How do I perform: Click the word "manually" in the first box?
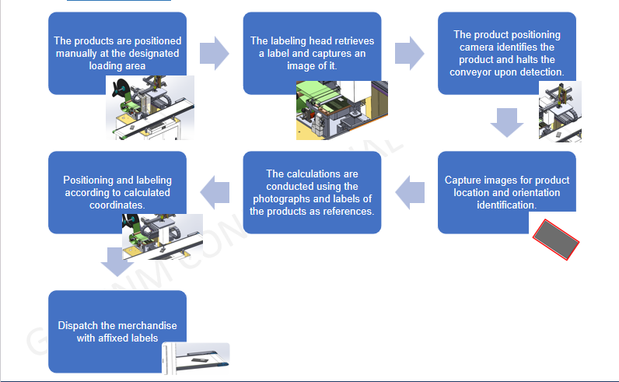tap(76, 54)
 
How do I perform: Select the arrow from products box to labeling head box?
tap(215, 54)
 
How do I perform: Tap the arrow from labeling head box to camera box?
tap(409, 54)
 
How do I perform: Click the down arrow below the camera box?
tap(507, 122)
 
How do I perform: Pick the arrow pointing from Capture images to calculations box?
tap(410, 192)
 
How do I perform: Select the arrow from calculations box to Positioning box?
tap(215, 192)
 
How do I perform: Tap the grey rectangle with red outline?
tap(556, 240)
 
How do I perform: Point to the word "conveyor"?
tap(469, 72)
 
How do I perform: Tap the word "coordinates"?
tap(117, 205)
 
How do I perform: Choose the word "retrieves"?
tap(351, 40)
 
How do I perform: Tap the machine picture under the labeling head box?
tap(342, 110)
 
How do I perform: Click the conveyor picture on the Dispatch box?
tap(196, 358)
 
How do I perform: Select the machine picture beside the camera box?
tap(560, 111)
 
